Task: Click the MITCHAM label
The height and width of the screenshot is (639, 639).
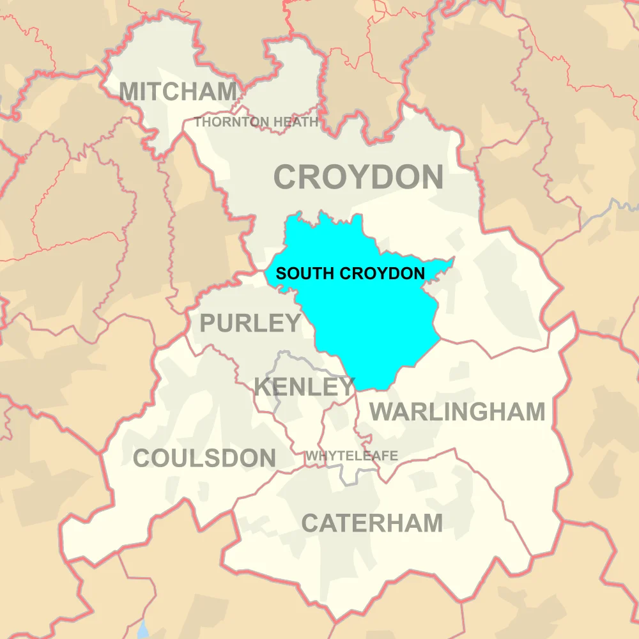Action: coord(178,92)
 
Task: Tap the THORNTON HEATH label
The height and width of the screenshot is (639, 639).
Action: coord(256,122)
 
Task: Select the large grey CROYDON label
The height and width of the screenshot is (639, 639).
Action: coord(358,177)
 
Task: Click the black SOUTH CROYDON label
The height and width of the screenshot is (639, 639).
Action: coord(350,273)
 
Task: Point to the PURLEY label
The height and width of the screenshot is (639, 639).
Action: coord(250,324)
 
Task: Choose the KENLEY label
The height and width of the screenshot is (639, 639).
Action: coord(304,387)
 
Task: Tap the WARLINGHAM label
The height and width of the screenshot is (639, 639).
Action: coord(458,412)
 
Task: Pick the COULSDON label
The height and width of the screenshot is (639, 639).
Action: coord(204,458)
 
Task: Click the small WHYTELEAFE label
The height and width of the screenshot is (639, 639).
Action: coord(351,456)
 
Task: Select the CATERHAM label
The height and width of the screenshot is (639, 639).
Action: coord(372,523)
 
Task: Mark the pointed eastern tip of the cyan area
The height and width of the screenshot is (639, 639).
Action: coord(453,259)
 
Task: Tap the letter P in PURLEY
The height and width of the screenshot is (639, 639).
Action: coord(208,324)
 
